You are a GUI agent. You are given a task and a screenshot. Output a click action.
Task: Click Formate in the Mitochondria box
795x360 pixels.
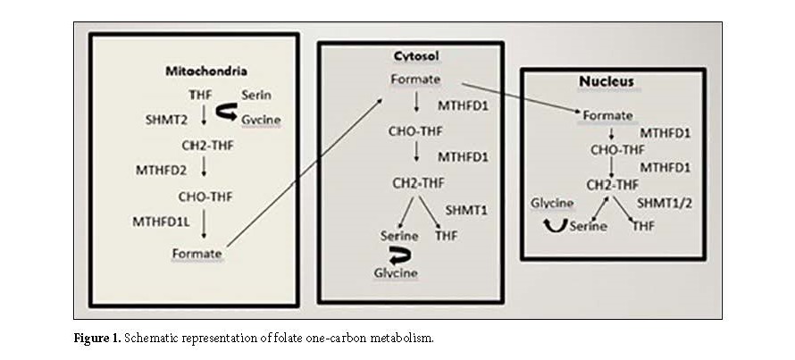pyautogui.click(x=197, y=253)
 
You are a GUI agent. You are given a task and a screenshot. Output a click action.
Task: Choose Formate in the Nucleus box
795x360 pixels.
pyautogui.click(x=607, y=116)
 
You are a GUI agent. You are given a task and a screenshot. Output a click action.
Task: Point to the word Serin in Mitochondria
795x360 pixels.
pyautogui.click(x=256, y=94)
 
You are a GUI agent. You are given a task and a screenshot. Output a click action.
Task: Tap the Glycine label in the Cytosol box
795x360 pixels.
pyautogui.click(x=395, y=272)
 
